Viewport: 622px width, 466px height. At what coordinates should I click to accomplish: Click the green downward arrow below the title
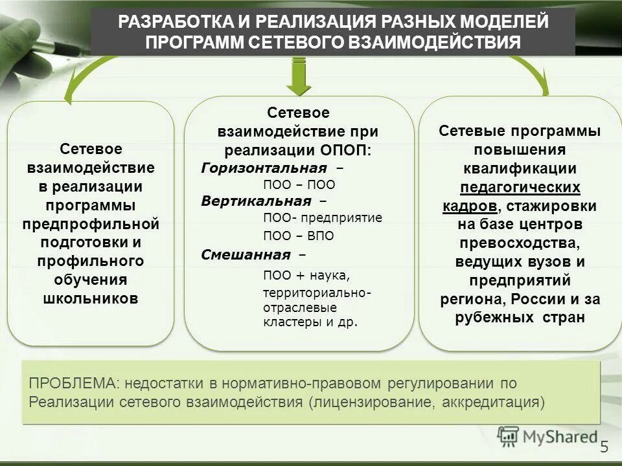click(299, 75)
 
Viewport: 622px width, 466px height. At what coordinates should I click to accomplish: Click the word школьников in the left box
click(91, 298)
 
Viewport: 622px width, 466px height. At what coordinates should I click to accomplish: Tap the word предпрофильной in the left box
click(91, 224)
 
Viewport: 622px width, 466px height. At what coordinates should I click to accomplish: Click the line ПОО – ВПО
click(299, 236)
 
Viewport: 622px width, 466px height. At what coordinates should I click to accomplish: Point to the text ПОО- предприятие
click(323, 217)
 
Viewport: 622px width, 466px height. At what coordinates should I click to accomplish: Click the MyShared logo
click(547, 436)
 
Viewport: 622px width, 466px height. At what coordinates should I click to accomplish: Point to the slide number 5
click(605, 447)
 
